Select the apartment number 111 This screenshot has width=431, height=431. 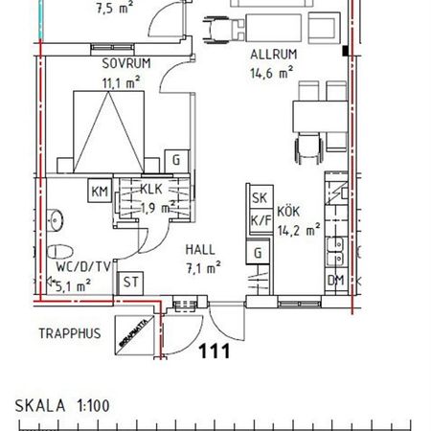215,352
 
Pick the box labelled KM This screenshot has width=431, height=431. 101,191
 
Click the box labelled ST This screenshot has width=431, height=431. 130,283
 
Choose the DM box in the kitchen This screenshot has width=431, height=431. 336,280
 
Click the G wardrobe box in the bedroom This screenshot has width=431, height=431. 176,160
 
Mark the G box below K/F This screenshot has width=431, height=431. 258,253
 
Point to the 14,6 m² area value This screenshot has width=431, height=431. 270,72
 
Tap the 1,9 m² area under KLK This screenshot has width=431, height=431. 154,206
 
